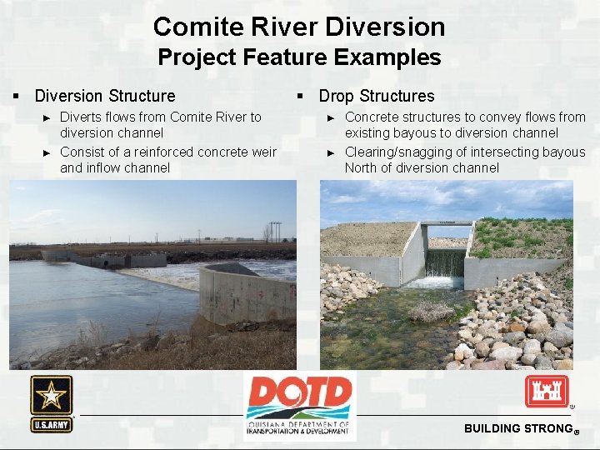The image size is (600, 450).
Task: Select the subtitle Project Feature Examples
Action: point(299,57)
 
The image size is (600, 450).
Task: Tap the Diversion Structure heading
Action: point(105,96)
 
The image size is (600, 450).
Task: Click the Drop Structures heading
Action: point(377,96)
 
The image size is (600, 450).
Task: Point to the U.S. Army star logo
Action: point(52,402)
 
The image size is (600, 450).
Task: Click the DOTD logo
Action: point(299,405)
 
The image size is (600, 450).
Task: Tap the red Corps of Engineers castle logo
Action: point(546,391)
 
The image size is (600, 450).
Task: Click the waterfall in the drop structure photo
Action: point(445,265)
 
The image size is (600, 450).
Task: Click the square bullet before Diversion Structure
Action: point(17,97)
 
